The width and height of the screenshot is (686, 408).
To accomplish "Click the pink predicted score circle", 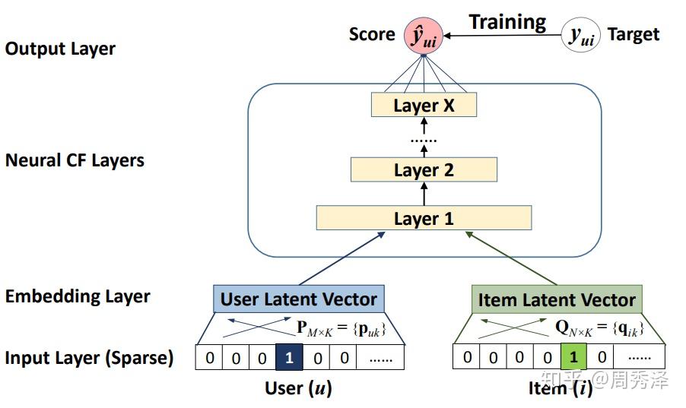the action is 423,36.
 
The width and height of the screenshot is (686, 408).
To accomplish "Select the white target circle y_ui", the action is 580,36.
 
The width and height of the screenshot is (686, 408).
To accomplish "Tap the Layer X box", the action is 424,105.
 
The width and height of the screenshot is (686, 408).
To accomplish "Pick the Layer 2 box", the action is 424,169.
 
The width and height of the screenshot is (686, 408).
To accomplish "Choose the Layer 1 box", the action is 424,218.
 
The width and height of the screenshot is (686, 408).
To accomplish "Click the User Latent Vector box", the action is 299,299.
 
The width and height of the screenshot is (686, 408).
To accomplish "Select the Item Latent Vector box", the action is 557,299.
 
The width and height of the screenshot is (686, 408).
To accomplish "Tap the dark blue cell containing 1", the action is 289,358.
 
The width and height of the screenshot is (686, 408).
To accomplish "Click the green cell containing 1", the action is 573,357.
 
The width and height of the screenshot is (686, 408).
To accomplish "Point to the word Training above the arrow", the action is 507,22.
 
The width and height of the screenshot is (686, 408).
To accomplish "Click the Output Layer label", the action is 60,49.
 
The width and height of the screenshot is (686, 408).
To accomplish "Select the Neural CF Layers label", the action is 75,160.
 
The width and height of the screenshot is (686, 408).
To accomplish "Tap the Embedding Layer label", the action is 78,296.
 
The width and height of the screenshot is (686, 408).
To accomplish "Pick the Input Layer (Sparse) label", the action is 89,358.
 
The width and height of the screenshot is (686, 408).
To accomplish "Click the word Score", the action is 372,34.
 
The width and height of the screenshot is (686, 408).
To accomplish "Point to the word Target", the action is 633,34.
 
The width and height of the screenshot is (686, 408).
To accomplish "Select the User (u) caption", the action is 298,388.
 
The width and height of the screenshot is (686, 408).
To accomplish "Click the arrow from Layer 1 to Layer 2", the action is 424,194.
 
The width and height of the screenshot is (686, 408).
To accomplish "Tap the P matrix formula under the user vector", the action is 341,328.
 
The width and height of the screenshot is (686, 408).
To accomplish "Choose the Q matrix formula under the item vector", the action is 599,327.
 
